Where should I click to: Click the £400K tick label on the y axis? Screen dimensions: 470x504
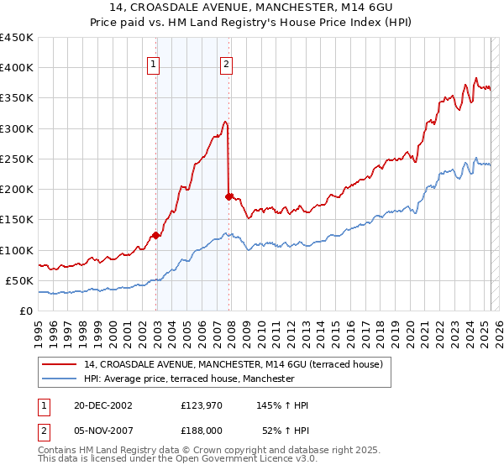tap(17, 68)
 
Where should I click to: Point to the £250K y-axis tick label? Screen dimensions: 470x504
tap(17, 159)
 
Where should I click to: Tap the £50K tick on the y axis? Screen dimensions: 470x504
tap(20, 280)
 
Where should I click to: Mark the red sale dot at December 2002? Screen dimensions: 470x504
tap(156, 236)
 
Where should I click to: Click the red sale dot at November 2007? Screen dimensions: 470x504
tap(228, 196)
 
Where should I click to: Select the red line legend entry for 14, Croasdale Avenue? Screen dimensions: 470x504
tap(234, 364)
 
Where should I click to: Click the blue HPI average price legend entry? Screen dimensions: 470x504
tap(189, 379)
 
